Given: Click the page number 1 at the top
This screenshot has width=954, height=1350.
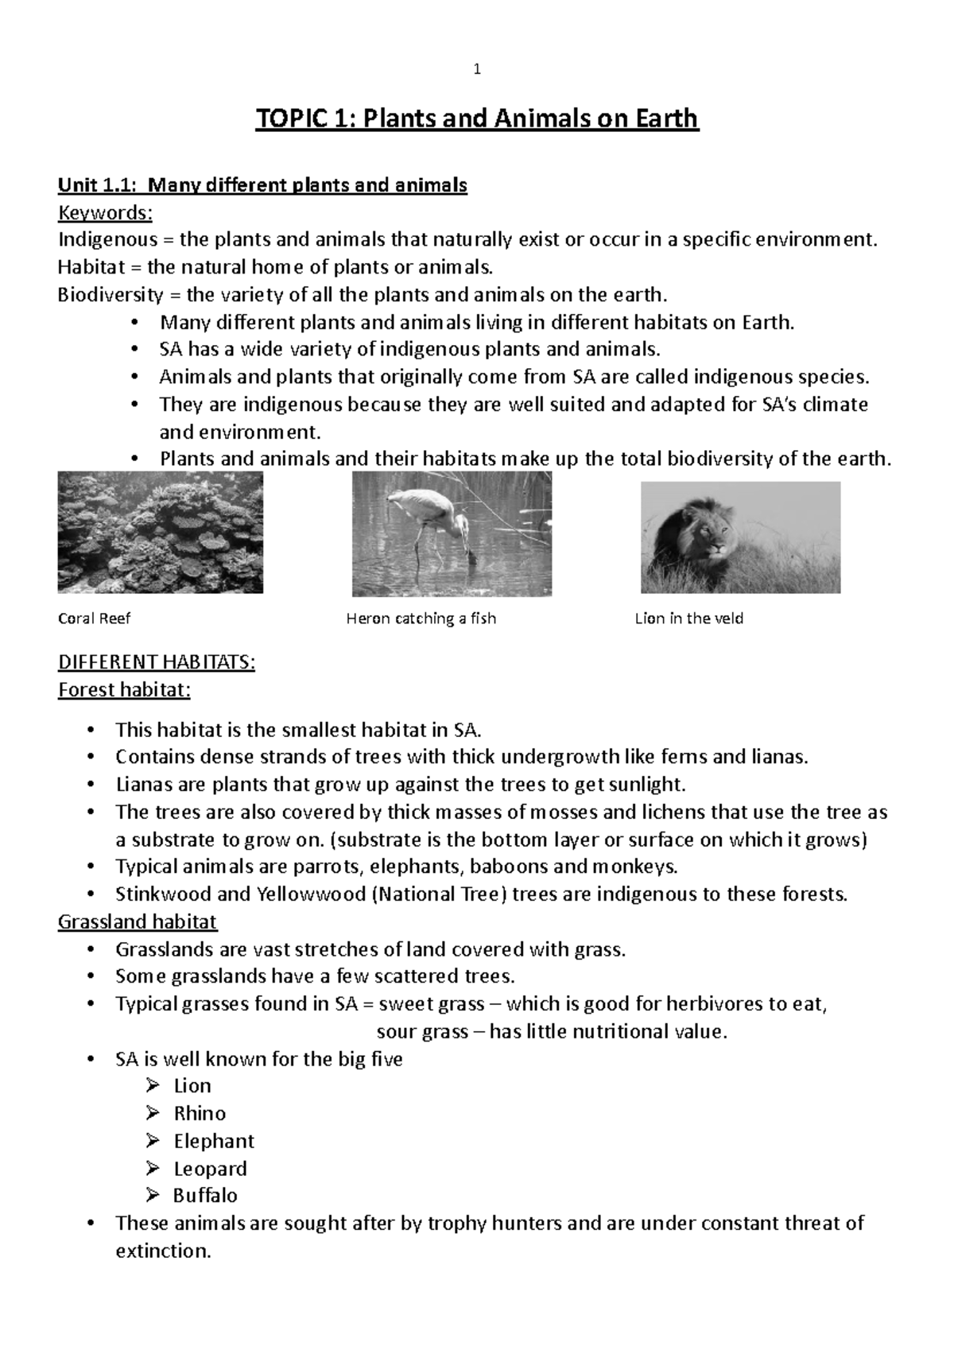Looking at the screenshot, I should tap(477, 70).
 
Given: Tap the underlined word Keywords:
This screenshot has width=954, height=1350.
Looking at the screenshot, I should tap(105, 213).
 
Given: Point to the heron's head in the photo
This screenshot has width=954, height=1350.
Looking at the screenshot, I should tap(395, 498).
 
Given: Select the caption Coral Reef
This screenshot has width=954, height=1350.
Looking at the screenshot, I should tap(94, 619).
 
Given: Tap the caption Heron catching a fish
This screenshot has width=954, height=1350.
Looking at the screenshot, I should tap(421, 619).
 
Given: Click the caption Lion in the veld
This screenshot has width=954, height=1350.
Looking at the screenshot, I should tap(688, 619).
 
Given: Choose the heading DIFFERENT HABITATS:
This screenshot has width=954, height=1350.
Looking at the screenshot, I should tap(156, 662).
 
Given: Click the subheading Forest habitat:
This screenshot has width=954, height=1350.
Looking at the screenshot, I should tap(124, 689).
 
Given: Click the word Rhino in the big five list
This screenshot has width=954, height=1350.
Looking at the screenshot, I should tap(200, 1113).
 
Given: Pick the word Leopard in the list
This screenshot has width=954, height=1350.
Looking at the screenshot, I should tap(210, 1169).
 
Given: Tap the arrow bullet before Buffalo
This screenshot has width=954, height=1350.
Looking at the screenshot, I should tap(153, 1196).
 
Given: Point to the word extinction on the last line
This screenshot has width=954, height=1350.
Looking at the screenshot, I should tap(163, 1251).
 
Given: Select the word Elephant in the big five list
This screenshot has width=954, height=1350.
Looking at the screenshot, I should tap(214, 1141).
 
